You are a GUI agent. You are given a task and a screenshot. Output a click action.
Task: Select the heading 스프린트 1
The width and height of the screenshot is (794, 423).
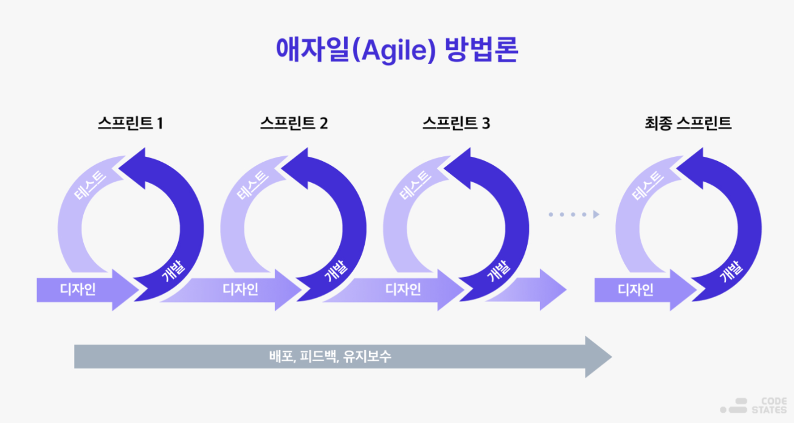tap(130, 123)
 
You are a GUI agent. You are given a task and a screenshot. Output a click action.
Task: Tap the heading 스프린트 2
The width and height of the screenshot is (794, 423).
tap(294, 123)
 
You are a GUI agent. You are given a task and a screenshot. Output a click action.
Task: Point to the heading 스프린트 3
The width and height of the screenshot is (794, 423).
tap(456, 123)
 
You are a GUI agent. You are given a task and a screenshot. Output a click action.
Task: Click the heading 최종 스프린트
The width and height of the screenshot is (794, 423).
tap(688, 123)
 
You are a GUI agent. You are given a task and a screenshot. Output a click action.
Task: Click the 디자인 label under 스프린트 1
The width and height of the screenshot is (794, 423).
tap(78, 289)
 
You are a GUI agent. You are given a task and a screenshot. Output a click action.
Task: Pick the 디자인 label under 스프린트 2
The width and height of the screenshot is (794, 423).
tap(241, 289)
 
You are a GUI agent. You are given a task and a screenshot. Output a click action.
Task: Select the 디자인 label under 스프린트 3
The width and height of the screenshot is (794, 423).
tap(403, 289)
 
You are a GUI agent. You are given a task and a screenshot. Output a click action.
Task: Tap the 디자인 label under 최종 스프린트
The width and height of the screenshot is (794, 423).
tap(636, 289)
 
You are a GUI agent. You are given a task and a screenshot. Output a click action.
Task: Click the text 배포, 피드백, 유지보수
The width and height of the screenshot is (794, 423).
tap(330, 356)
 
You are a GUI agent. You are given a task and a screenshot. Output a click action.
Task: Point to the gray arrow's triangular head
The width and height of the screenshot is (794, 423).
tap(598, 356)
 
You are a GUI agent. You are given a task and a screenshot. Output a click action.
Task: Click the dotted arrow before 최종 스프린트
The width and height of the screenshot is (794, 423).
tap(573, 214)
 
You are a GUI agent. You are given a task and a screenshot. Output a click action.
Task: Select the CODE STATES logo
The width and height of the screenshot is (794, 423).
tap(754, 405)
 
